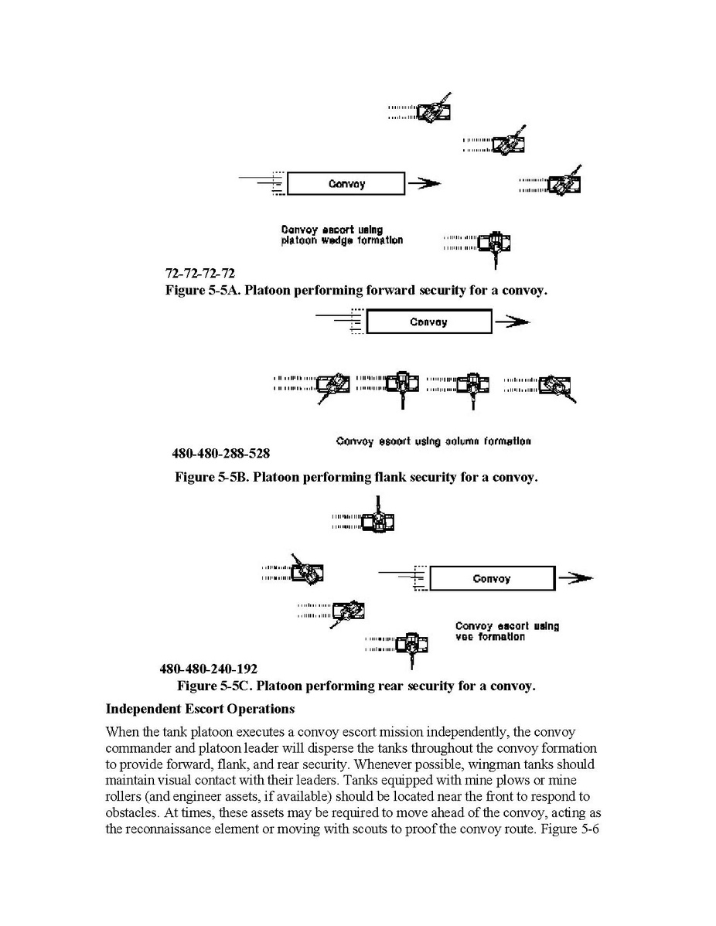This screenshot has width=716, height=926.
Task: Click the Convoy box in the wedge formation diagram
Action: [346, 184]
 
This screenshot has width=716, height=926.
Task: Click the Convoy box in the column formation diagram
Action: [428, 322]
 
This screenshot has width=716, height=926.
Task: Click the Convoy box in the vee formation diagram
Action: [492, 579]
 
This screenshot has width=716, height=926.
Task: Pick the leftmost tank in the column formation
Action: [333, 383]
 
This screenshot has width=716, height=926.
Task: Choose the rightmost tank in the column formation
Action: [555, 384]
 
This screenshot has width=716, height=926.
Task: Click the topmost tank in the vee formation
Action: [377, 522]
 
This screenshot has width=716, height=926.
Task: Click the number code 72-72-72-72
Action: [200, 274]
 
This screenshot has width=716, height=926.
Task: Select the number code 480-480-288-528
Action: [220, 453]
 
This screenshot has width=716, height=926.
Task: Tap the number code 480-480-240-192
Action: [209, 669]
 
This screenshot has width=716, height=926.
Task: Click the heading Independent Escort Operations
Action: [199, 708]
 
